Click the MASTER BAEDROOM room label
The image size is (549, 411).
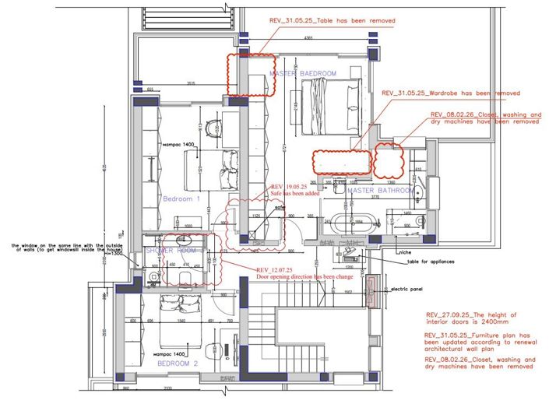(303, 73)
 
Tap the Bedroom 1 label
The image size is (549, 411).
(181, 199)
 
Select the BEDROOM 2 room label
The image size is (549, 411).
(178, 364)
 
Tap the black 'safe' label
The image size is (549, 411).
(278, 207)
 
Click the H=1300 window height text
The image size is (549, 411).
(114, 254)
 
